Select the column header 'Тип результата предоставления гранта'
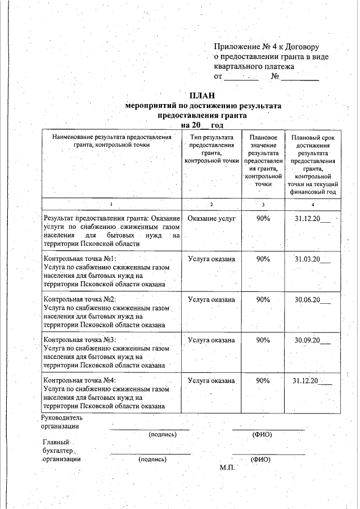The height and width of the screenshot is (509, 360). tap(211, 148)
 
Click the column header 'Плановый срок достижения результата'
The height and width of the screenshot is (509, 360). tap(312, 164)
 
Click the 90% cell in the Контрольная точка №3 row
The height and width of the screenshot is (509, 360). tap(263, 340)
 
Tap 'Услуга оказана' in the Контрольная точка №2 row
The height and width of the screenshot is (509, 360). tap(211, 300)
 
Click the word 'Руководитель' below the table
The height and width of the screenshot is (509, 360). tap(62, 417)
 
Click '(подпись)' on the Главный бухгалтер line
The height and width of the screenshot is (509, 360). tap(152, 459)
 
